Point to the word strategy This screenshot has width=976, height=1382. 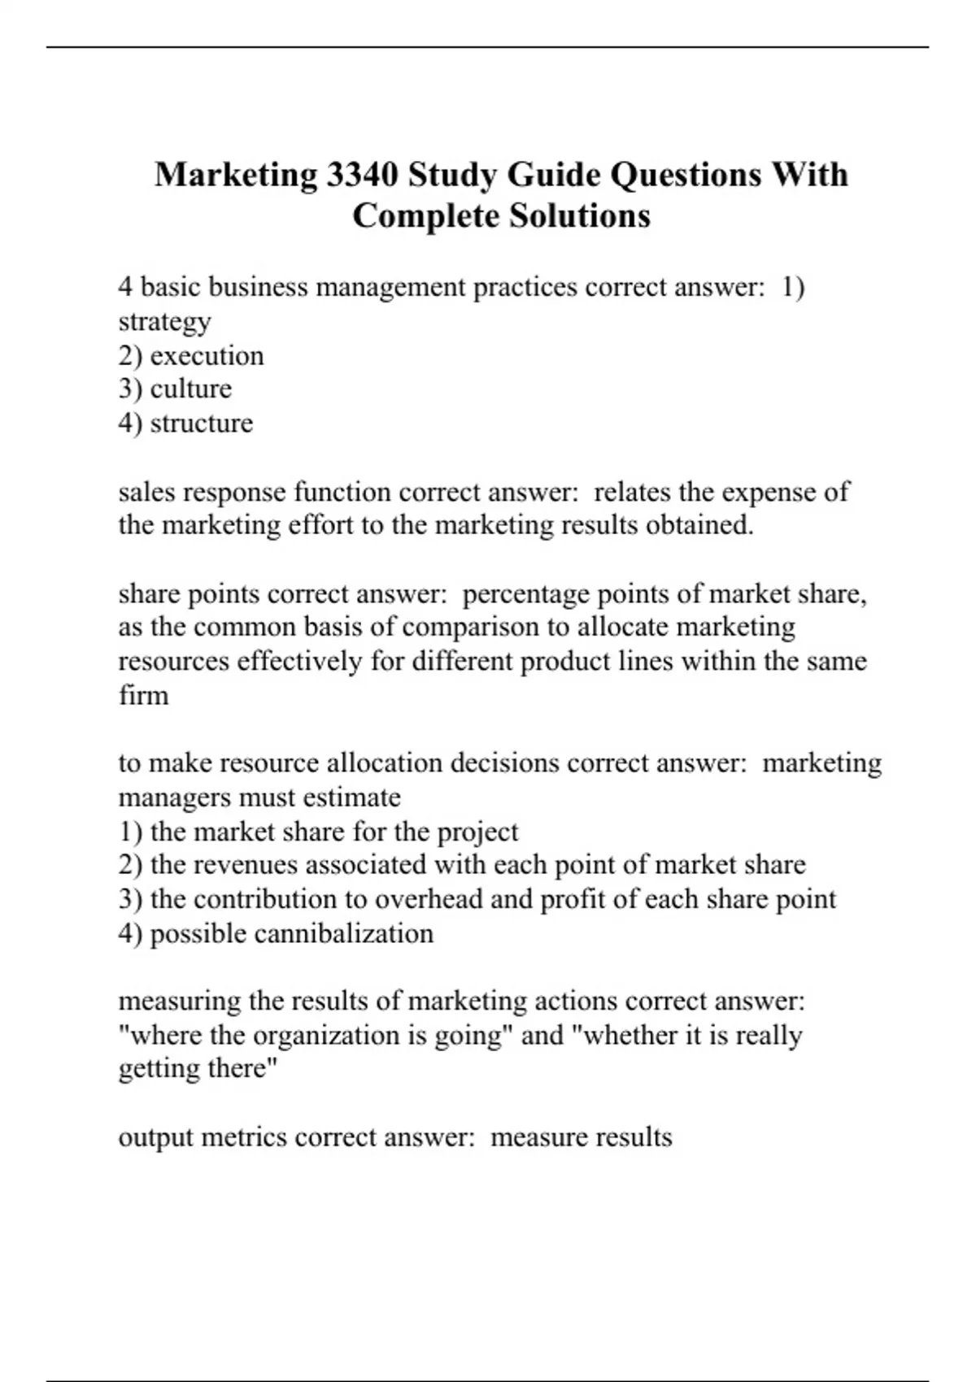click(164, 322)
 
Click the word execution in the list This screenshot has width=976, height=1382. click(207, 356)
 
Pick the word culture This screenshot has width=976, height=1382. click(190, 389)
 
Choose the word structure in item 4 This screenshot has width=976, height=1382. click(201, 424)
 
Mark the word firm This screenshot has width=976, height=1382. click(143, 696)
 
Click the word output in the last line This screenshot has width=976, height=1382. click(155, 1137)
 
